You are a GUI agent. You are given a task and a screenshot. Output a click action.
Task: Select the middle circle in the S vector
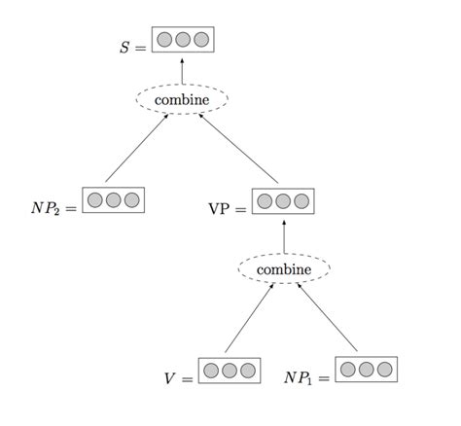click(x=183, y=40)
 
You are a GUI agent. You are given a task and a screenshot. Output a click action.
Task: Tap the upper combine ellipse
click(x=181, y=98)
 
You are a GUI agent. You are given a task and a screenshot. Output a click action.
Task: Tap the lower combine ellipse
click(x=284, y=268)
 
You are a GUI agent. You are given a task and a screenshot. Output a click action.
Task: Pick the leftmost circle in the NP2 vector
click(x=95, y=200)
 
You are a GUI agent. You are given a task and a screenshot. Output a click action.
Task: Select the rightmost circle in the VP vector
click(x=301, y=201)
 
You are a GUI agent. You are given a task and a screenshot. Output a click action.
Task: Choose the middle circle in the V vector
click(x=230, y=371)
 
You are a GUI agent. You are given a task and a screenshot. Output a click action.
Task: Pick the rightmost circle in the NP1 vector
click(x=385, y=370)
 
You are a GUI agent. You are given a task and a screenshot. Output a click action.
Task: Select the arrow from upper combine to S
click(x=182, y=69)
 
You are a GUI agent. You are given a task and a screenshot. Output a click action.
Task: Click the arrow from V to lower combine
click(x=248, y=319)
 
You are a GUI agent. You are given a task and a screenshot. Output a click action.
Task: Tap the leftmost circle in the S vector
click(x=164, y=40)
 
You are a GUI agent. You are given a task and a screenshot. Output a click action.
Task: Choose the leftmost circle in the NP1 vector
click(x=348, y=370)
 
